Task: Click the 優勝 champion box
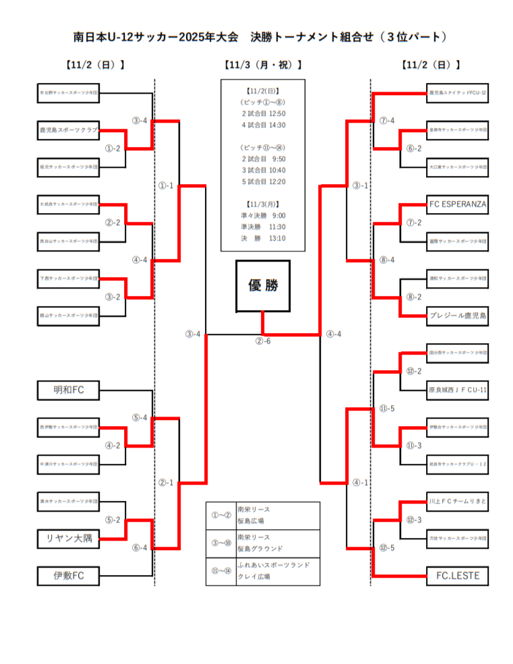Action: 262,286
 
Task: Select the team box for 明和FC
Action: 69,389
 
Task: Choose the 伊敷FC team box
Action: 69,576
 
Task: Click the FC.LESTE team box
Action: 457,576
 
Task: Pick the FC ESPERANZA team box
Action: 457,203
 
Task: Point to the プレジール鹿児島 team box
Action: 457,315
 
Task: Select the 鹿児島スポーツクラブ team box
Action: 69,129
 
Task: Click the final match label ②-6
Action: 262,340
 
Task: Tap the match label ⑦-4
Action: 387,121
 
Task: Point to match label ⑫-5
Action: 387,547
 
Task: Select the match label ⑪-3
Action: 414,445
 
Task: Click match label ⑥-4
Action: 140,547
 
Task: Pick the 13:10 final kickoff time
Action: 276,238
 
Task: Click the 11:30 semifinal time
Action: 276,227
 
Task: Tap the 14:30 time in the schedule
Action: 276,125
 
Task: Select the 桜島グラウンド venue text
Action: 260,549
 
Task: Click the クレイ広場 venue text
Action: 253,577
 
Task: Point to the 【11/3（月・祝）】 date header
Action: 262,65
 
